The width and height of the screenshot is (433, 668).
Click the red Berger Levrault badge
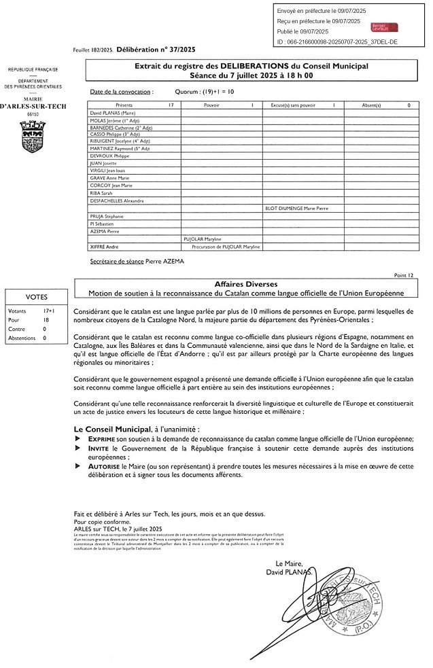coord(384,27)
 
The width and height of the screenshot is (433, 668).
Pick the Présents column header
coord(125,105)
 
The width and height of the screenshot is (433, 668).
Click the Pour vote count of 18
coord(46,319)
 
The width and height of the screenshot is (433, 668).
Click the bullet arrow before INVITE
coord(75,450)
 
